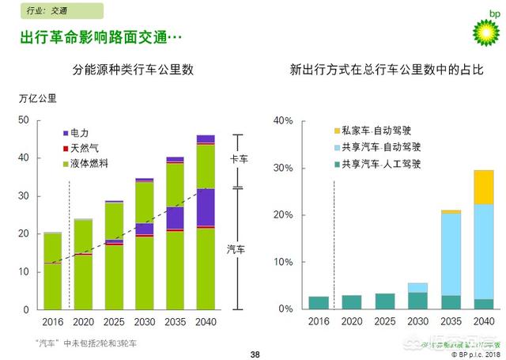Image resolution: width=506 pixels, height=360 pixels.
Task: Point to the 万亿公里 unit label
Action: coord(36,99)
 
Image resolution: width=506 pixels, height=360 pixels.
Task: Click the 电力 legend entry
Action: coord(81,134)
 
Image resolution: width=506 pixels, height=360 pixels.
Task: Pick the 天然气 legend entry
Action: coord(84,148)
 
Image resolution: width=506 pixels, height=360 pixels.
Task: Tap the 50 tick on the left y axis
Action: coord(24,120)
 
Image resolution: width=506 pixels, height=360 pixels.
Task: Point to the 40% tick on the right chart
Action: coord(283,121)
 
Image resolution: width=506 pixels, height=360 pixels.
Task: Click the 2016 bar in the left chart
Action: coord(53,271)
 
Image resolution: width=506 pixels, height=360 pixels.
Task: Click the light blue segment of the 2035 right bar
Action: coord(451,254)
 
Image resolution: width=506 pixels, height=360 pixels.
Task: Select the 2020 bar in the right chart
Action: coord(351,301)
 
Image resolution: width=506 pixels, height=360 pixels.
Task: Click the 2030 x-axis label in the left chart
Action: coord(144,323)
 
